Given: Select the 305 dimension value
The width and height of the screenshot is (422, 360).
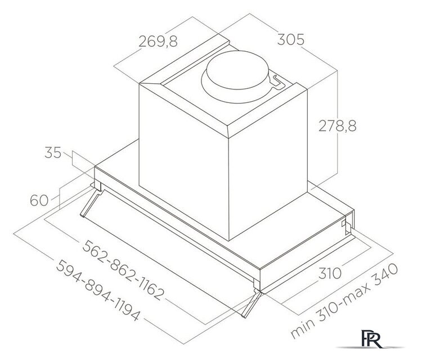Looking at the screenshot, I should pos(291,40).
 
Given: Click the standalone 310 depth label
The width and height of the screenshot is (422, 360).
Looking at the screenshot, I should pos(329,274).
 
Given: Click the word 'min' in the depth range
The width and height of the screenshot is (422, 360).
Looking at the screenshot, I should pos(302,330).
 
